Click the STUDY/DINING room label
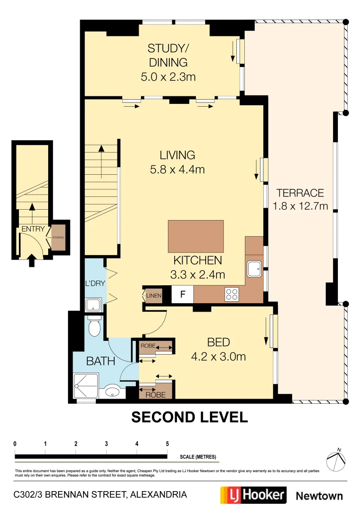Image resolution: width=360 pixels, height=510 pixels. tap(168, 55)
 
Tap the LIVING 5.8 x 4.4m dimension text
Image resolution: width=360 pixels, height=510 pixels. tap(177, 169)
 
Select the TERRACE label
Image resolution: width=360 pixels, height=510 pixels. tap(300, 193)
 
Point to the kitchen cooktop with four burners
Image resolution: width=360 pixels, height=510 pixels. tap(231, 295)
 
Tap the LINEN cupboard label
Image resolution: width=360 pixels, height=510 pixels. tap(154, 296)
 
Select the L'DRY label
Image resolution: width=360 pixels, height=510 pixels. tap(94, 283)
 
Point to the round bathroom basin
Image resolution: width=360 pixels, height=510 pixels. tap(112, 391)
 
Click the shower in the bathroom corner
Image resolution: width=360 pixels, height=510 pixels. tap(86, 386)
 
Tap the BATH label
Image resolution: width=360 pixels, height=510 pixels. tap(100, 361)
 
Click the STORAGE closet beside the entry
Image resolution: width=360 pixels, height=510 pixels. tap(58, 238)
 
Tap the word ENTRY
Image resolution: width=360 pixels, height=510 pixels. tap(33, 229)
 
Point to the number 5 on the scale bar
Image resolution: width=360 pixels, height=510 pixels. tap(167, 444)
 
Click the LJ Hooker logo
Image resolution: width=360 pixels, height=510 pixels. tap(253, 495)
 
